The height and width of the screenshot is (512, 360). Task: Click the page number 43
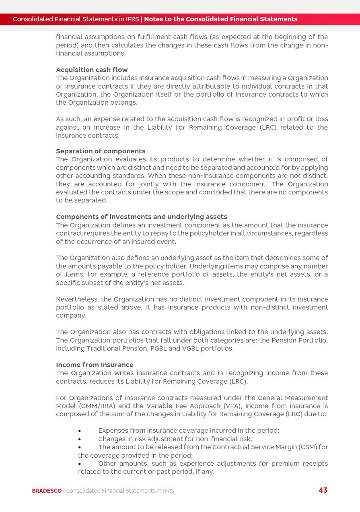[323, 490]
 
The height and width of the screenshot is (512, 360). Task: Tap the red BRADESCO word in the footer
[47, 491]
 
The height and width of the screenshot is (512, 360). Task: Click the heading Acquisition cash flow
[92, 70]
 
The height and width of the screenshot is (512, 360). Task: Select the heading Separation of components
[101, 151]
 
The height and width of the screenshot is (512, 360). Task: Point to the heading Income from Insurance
[95, 365]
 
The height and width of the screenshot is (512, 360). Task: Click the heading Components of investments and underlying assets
[141, 217]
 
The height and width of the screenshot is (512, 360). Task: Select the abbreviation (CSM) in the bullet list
[310, 447]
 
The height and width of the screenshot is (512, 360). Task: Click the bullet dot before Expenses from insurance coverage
[80, 431]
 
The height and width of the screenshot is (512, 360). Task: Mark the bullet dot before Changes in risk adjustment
[80, 439]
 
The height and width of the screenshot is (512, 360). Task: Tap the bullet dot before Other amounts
[80, 464]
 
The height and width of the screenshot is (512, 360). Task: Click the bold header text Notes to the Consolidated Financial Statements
[220, 19]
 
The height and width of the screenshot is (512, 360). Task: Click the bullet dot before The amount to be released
[80, 447]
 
